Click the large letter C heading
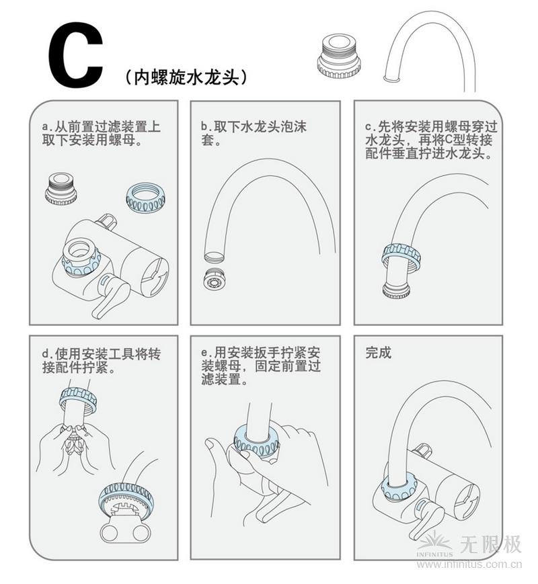pyautogui.click(x=75, y=58)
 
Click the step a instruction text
pyautogui.click(x=101, y=134)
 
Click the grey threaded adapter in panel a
pyautogui.click(x=61, y=188)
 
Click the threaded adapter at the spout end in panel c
pyautogui.click(x=396, y=290)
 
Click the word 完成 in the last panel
pyautogui.click(x=378, y=353)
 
